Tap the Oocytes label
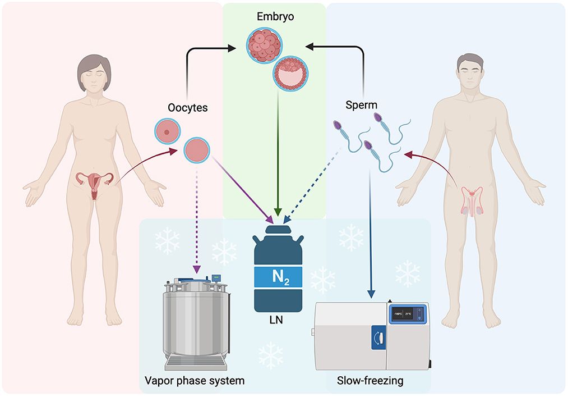(x=187, y=107)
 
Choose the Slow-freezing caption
(x=370, y=381)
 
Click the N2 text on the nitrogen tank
(x=279, y=277)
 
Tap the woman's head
(x=94, y=72)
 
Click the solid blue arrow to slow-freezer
(x=370, y=236)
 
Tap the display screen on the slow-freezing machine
(x=408, y=314)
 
